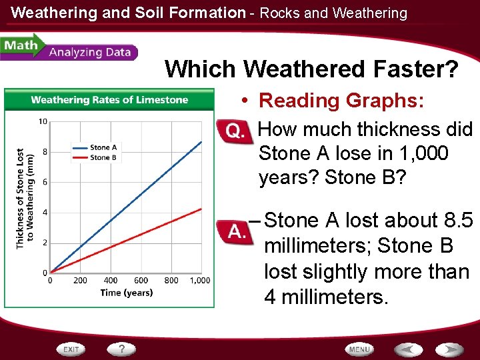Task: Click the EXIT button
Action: pos(72,349)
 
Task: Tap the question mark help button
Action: pos(122,349)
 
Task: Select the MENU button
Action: pos(359,349)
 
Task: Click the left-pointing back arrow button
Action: pos(408,349)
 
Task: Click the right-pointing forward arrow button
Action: pos(449,349)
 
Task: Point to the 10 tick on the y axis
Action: pos(42,121)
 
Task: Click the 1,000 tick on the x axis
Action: pos(200,281)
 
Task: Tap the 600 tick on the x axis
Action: pos(141,281)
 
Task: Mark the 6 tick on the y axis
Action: pos(44,182)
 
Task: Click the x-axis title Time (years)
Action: pos(127,293)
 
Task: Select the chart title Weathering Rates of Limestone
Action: pos(109,100)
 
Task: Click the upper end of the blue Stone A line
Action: pos(201,141)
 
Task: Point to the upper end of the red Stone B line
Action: pos(201,209)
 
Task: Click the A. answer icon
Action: pos(234,231)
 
